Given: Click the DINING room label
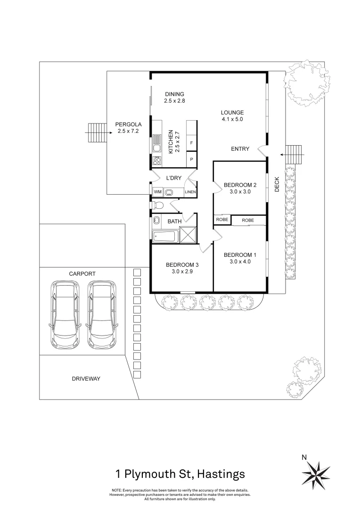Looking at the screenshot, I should [x=174, y=94].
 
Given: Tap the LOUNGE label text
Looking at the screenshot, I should [x=232, y=113].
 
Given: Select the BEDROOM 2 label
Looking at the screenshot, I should [x=240, y=185].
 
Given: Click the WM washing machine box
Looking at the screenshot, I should [x=157, y=192].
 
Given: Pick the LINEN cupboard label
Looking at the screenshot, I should [x=190, y=192].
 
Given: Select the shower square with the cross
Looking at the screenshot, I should [x=188, y=234].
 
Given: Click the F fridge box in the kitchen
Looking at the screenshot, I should [x=191, y=143].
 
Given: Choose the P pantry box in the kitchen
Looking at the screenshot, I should [x=191, y=159].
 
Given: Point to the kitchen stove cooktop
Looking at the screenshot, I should [x=157, y=160].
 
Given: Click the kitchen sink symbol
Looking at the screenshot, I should [x=157, y=142].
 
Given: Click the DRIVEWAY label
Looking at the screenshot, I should [x=86, y=378].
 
